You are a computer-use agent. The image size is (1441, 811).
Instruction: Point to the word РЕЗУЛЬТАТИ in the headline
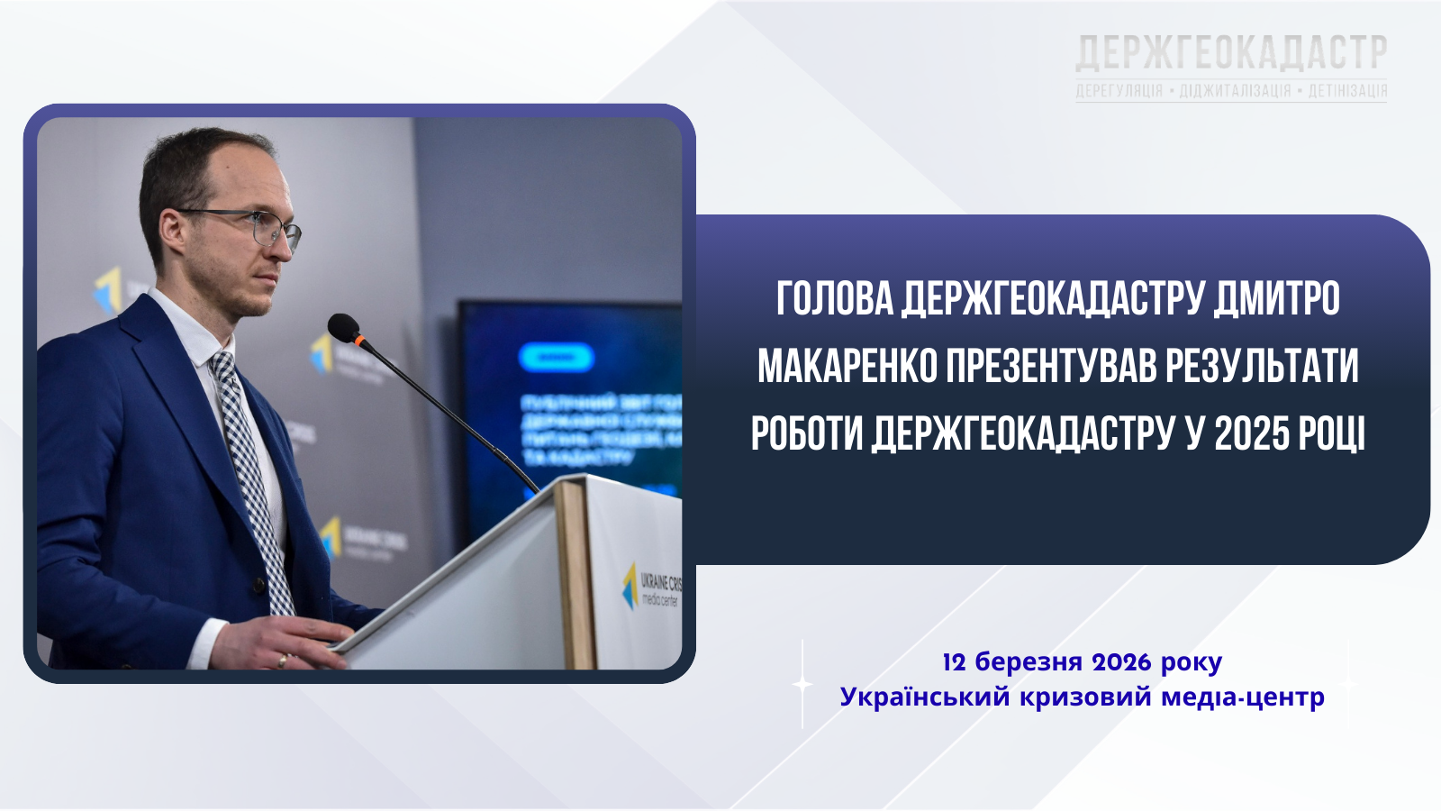point(1262,367)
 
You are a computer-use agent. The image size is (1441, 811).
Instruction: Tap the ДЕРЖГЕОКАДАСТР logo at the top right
point(1231,54)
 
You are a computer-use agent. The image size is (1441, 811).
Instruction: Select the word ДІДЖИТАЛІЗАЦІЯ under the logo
point(1235,91)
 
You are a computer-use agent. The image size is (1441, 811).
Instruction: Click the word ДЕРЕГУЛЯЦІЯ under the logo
point(1119,91)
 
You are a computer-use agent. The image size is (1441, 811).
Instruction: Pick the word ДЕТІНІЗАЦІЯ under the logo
point(1347,91)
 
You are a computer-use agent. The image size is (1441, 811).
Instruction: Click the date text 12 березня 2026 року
point(1082,662)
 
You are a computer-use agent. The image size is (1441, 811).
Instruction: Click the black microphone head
point(342,327)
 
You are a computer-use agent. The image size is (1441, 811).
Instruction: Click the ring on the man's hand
point(284,660)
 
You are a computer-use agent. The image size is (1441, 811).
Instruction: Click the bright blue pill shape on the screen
point(556,358)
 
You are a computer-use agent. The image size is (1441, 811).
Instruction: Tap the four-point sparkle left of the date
point(802,685)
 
